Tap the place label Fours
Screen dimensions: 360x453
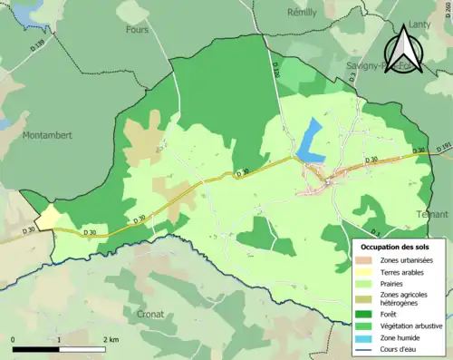coord(137,29)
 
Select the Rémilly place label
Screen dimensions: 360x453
coord(301,13)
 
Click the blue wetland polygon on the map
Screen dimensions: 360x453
coord(311,140)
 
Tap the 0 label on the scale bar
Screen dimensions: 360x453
coord(13,339)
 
